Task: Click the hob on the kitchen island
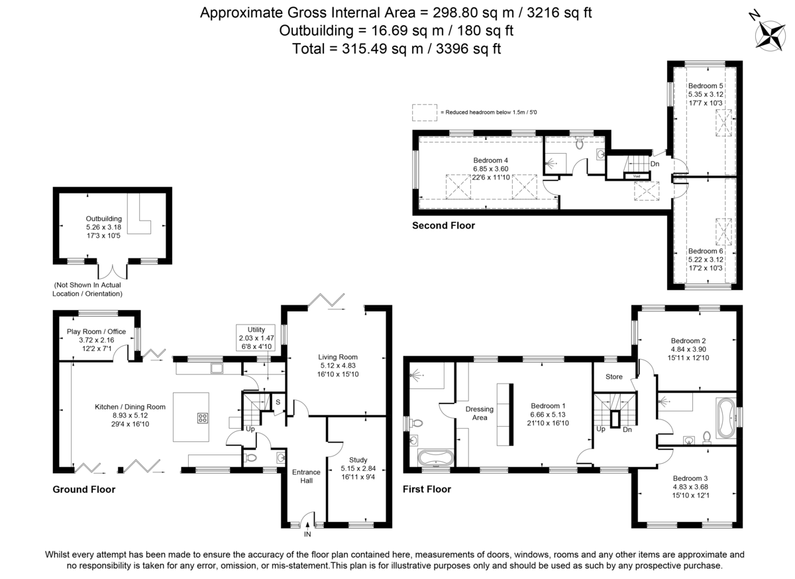tap(201, 418)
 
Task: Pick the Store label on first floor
tap(614, 378)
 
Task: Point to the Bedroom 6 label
tap(705, 251)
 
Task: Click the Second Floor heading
tap(443, 226)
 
